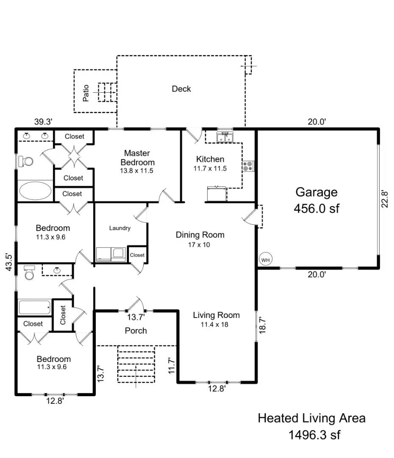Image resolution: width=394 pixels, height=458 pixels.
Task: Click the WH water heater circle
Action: point(265,259)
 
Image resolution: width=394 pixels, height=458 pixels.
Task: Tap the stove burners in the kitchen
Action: point(248,166)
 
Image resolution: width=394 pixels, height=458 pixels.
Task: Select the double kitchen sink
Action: point(225,138)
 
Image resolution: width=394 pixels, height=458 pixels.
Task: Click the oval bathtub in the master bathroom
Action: point(35,190)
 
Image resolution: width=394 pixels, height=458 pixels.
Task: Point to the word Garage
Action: point(316,192)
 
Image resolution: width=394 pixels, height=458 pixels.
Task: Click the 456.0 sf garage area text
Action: point(316,209)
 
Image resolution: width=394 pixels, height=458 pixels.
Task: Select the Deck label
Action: point(181,89)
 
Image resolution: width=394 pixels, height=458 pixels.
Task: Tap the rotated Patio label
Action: point(86,93)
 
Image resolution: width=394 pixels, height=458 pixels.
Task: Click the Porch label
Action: point(136,331)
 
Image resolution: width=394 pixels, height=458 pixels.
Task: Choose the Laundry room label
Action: point(120,228)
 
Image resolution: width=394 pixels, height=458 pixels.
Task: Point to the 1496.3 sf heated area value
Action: point(314,435)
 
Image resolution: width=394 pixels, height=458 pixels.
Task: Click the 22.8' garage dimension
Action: point(385,198)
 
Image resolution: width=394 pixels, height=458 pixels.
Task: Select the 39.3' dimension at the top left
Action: point(43,122)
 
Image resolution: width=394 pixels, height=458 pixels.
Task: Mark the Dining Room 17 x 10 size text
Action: point(200,245)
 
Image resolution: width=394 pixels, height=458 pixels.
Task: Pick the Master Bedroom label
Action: point(137,157)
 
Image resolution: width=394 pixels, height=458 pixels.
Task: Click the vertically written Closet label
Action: point(63,315)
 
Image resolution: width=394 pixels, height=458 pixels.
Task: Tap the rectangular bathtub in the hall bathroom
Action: point(34,307)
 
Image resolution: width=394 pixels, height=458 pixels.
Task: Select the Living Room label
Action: point(216,315)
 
